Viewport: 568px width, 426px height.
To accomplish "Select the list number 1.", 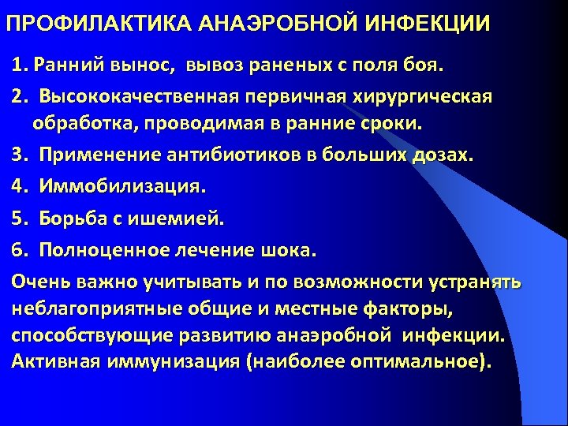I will pyautogui.click(x=17, y=62).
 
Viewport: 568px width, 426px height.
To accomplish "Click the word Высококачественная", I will pyautogui.click(x=140, y=97).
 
